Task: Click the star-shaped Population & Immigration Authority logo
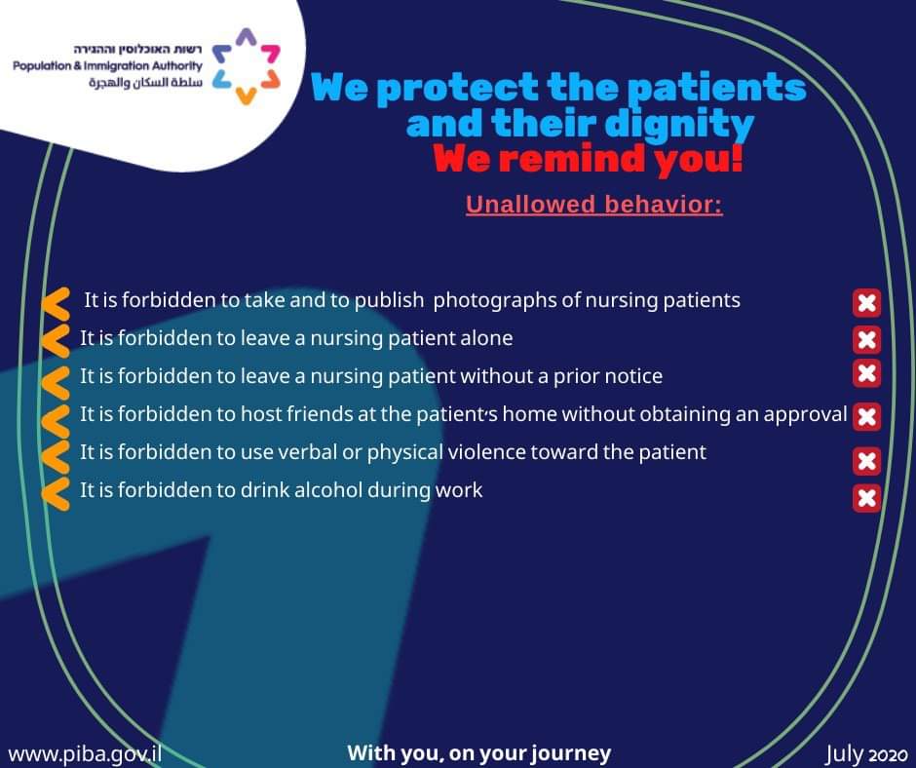coord(246,66)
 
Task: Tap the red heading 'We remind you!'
coord(589,159)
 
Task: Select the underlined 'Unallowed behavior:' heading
coord(594,205)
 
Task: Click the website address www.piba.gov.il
coord(86,753)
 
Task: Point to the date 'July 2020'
coord(866,754)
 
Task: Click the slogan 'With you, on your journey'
coord(479,752)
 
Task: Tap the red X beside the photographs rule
coord(867,303)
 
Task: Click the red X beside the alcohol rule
coord(867,499)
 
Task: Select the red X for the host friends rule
coord(867,417)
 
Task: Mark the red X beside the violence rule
coord(867,461)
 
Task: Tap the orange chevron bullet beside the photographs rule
coord(57,303)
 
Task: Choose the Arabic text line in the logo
coord(145,83)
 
